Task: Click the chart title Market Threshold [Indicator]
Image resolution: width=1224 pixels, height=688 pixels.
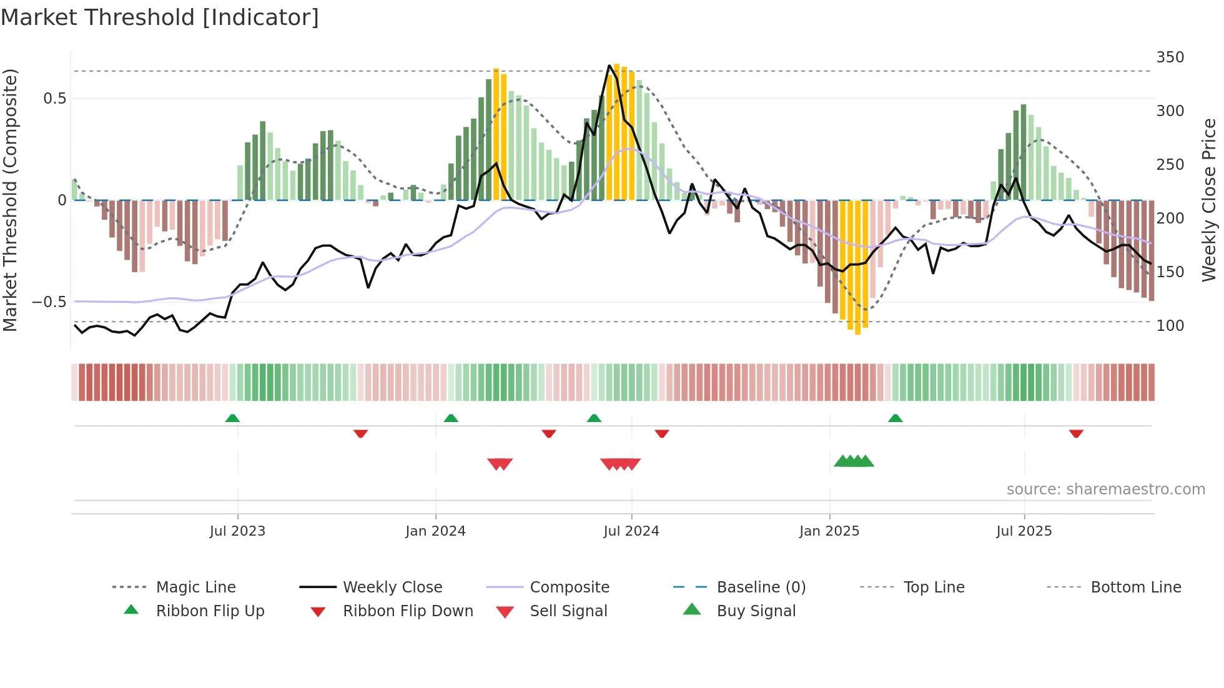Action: pos(160,17)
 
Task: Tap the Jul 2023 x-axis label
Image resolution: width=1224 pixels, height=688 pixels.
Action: pos(237,531)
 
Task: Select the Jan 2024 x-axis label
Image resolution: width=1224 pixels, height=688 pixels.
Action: pos(435,531)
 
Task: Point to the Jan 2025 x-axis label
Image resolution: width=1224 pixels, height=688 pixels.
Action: pos(829,531)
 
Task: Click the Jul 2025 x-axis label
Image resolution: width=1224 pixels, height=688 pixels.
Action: pos(1024,531)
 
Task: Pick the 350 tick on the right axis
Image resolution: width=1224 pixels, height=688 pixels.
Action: pos(1170,57)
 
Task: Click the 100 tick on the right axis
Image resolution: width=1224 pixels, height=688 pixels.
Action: pos(1170,326)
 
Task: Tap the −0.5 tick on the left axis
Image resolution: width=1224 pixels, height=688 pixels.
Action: pos(49,302)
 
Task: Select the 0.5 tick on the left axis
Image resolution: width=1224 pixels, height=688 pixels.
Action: pos(54,99)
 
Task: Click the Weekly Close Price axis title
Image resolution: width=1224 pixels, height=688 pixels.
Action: pos(1209,200)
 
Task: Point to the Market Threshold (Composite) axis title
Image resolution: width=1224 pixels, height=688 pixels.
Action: pos(10,200)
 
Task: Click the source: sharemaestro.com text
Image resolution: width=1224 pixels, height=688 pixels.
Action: pos(1105,489)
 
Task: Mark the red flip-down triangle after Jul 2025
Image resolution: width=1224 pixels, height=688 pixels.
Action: pos(1076,433)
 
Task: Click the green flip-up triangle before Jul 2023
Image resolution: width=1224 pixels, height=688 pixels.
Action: pos(232,418)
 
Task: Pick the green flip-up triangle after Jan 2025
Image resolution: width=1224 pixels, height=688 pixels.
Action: pos(895,418)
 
